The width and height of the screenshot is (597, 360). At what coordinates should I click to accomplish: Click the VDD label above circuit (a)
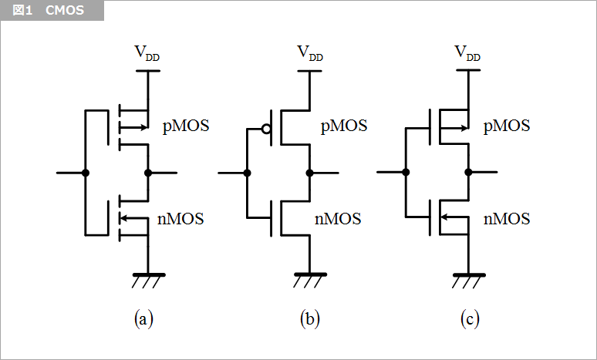[x=147, y=53]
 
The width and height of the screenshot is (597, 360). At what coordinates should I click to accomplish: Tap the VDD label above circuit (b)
[x=310, y=53]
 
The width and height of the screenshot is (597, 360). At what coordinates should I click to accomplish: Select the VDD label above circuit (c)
[x=467, y=53]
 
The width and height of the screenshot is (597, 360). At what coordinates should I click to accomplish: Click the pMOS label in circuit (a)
[x=186, y=126]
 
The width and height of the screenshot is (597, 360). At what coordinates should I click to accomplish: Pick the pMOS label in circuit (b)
[x=344, y=126]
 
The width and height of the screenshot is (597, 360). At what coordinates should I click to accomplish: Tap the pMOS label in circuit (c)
[x=507, y=126]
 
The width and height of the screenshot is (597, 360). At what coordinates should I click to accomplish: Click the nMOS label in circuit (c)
[x=507, y=219]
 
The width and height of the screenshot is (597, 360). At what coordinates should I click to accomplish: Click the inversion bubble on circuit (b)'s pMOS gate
[x=266, y=130]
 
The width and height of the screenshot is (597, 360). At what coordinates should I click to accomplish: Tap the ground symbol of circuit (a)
[x=148, y=279]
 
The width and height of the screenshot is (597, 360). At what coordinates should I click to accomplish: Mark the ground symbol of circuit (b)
[x=309, y=279]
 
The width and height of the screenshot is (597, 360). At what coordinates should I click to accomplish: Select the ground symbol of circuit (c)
[x=468, y=279]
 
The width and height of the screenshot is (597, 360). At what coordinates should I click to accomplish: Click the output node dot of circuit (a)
[x=148, y=173]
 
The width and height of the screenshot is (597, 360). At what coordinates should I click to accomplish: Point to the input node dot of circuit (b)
[x=247, y=173]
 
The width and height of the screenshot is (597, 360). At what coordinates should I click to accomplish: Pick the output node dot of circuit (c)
[x=468, y=173]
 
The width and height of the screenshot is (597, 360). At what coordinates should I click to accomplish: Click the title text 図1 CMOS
[x=49, y=11]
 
